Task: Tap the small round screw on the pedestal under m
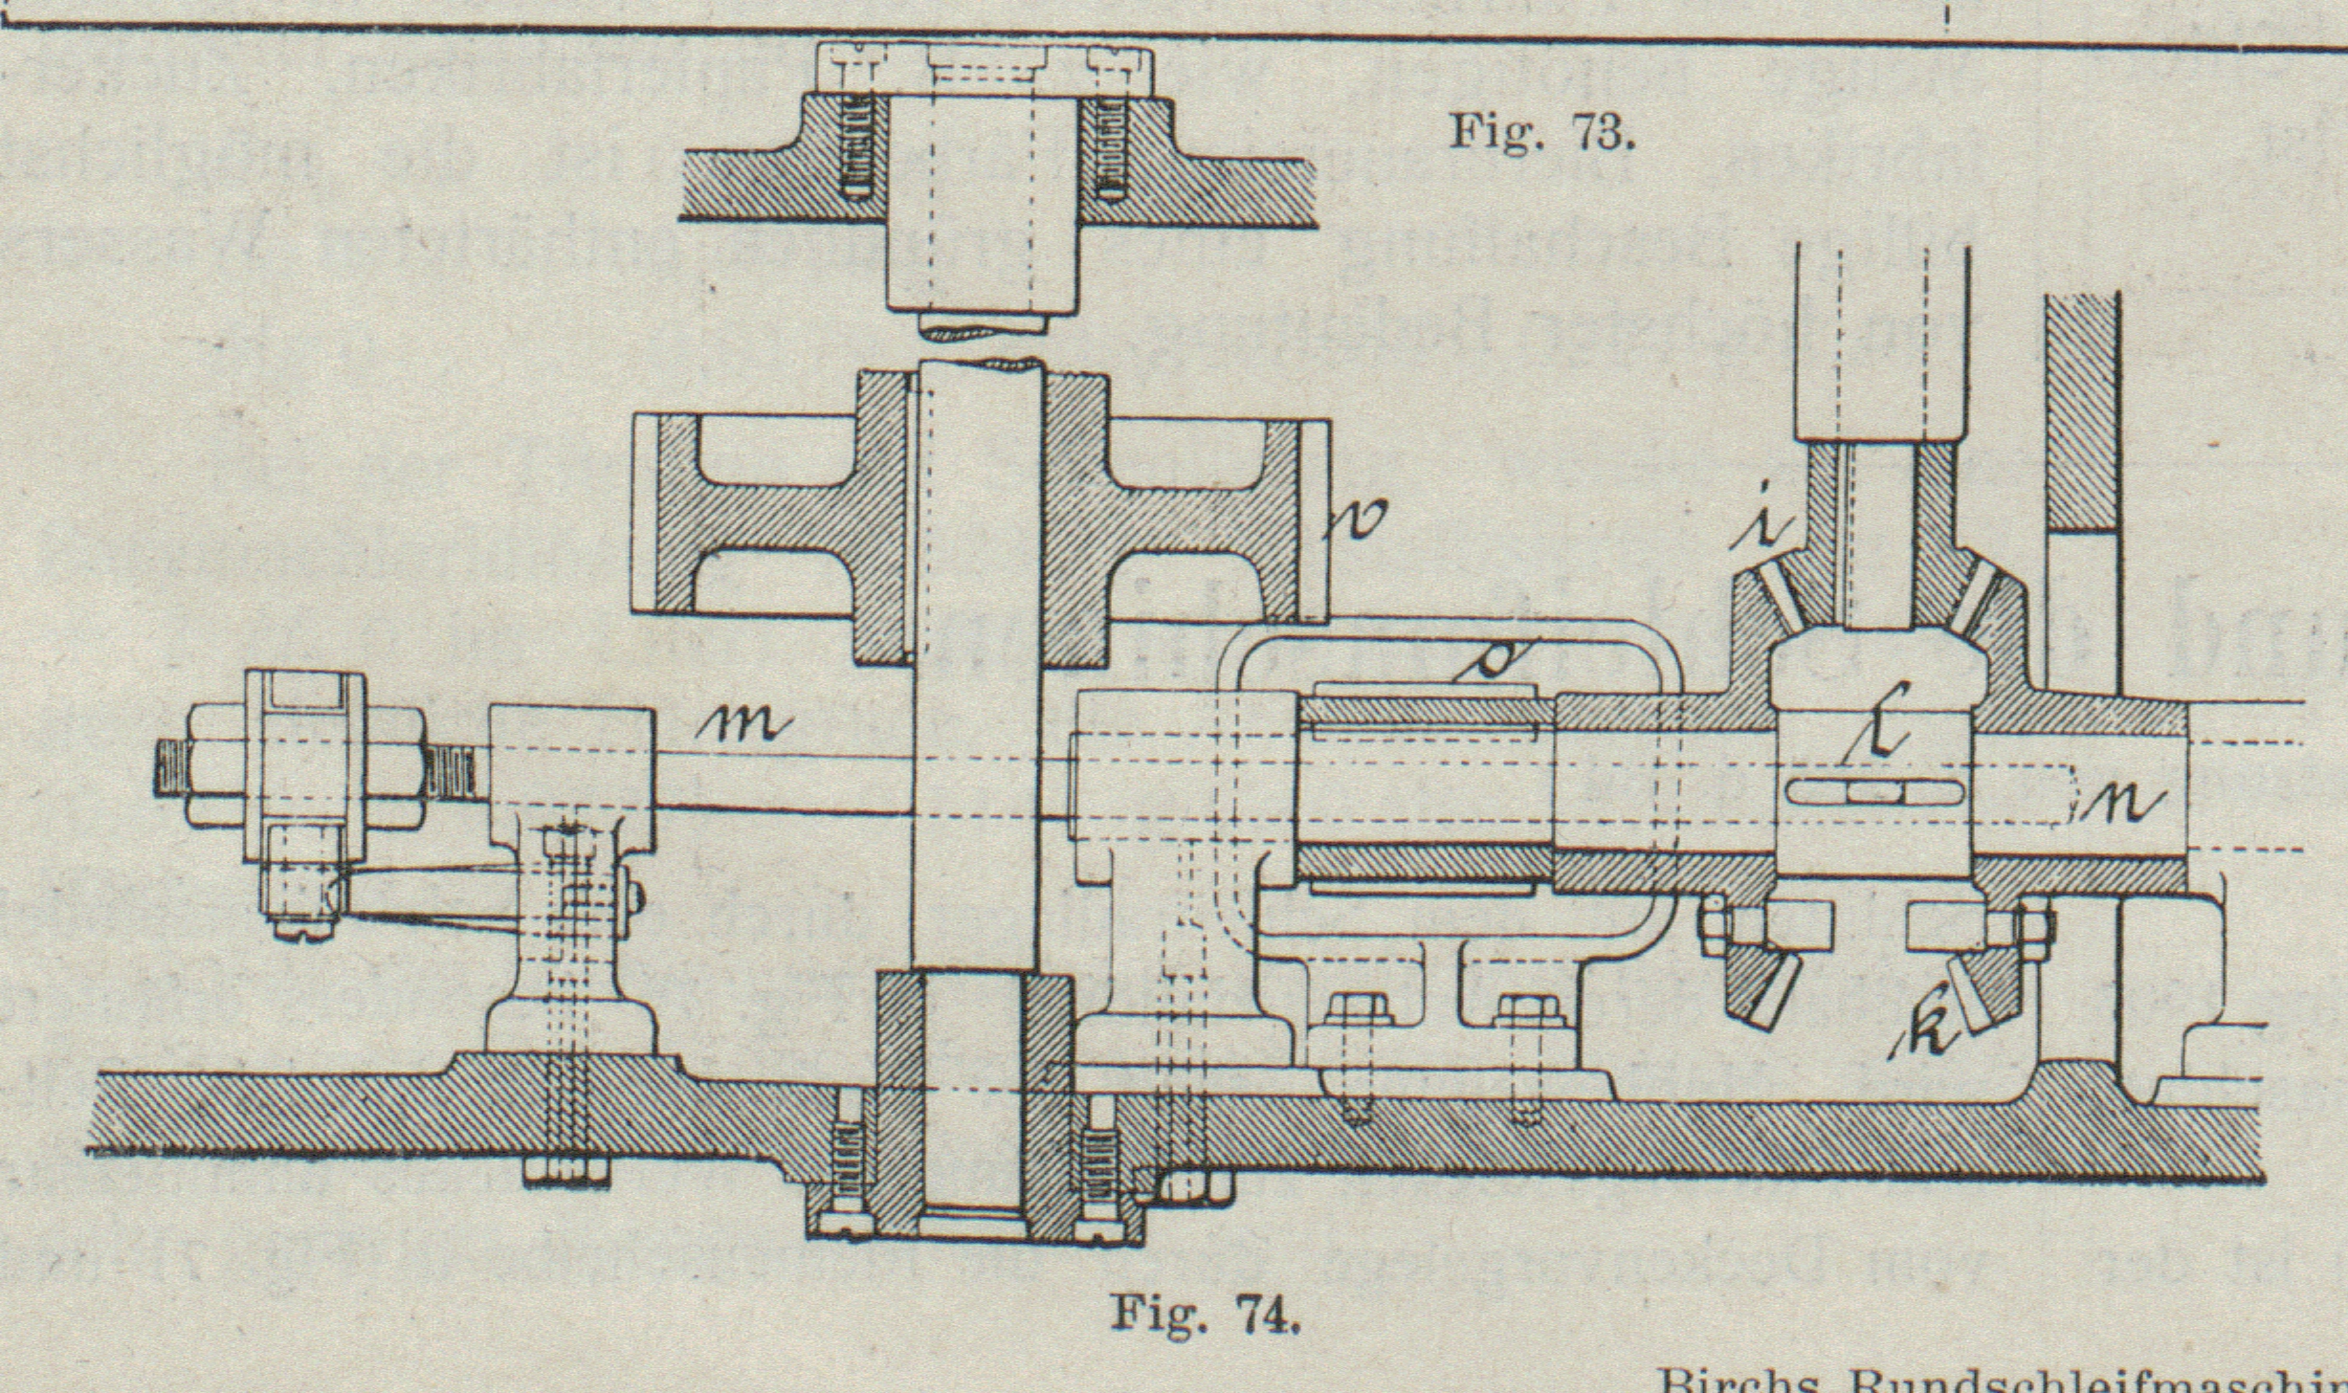pos(635,895)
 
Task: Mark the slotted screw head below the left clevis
pos(299,927)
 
